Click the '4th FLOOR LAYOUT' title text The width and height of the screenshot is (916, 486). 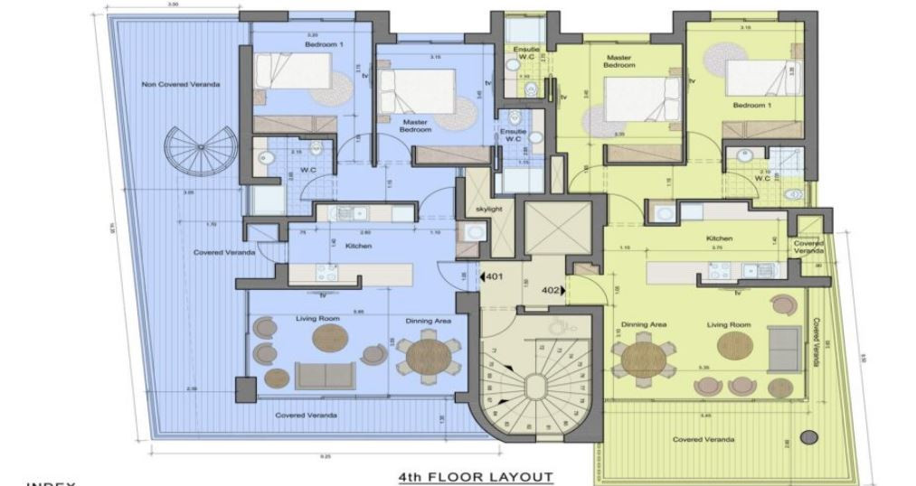pos(475,475)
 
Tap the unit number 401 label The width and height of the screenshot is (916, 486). pos(495,277)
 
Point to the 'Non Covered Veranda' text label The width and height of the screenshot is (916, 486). pos(168,85)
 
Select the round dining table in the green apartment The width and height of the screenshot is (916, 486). pos(643,355)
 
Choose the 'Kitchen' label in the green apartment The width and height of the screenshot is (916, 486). pos(719,238)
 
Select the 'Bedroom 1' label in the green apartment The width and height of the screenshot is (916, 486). pos(750,105)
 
